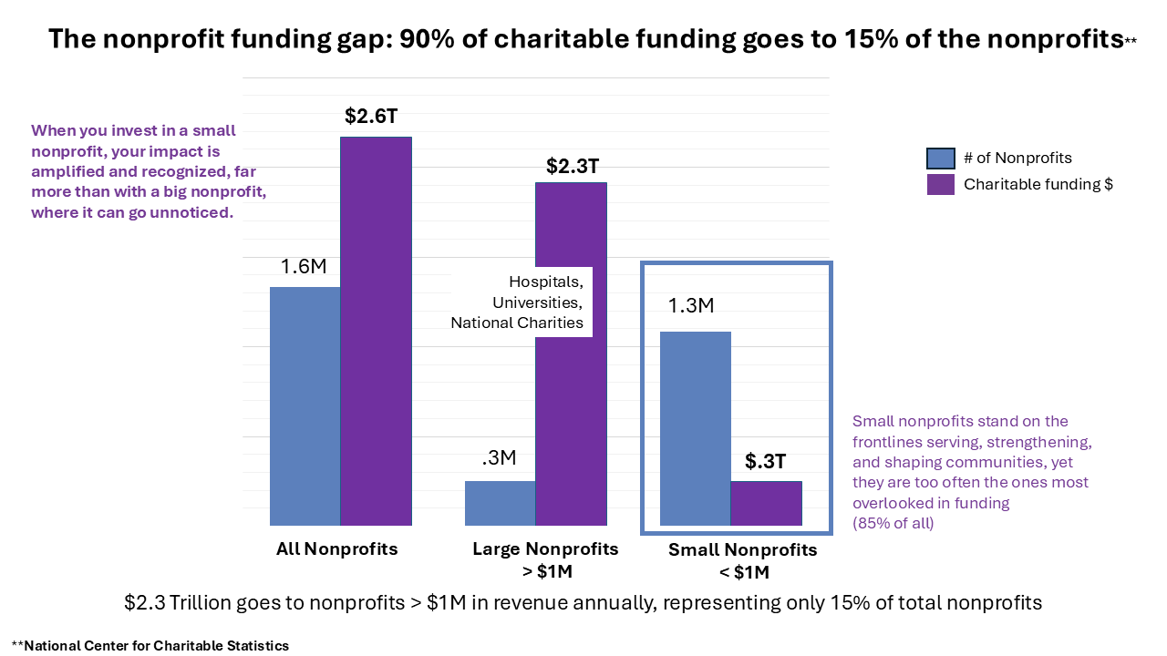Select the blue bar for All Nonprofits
[305, 405]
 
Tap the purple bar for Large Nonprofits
[571, 410]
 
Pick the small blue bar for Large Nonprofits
[500, 503]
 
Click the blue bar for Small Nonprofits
[695, 428]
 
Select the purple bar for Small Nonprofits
[766, 503]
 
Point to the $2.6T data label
[371, 116]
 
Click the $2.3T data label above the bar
[573, 166]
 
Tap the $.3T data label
[766, 462]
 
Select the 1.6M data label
[304, 267]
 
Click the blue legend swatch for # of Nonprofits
[940, 159]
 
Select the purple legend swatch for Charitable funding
[940, 184]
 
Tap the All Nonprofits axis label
[337, 549]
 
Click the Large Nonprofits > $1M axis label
[545, 560]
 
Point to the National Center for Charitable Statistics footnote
[150, 646]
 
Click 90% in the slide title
[427, 39]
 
